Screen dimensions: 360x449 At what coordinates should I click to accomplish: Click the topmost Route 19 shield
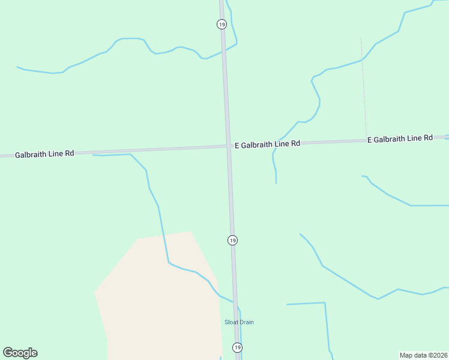tap(221, 24)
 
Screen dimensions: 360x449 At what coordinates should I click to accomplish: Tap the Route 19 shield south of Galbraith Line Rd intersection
tap(232, 240)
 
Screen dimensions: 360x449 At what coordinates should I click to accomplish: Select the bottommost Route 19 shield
tap(237, 347)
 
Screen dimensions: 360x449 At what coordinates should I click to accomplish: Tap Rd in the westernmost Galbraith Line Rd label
tap(70, 154)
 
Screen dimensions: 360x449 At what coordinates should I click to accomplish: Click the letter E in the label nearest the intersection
tap(237, 145)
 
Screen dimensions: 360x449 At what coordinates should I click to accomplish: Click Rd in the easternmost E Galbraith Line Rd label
tap(428, 138)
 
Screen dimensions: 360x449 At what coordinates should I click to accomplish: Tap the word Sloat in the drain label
tap(231, 322)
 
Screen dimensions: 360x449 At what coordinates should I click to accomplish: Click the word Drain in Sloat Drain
tap(246, 322)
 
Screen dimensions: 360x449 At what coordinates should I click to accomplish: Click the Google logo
tap(20, 353)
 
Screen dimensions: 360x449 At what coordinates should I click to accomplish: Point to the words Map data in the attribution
tap(412, 355)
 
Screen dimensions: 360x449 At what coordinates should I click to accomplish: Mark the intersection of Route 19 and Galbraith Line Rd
tap(229, 146)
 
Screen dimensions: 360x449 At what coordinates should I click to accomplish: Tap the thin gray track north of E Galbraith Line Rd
tap(363, 84)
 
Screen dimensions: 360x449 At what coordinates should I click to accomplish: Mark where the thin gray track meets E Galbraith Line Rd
tap(366, 140)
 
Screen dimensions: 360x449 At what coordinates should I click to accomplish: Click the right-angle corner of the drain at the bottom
tap(325, 303)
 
